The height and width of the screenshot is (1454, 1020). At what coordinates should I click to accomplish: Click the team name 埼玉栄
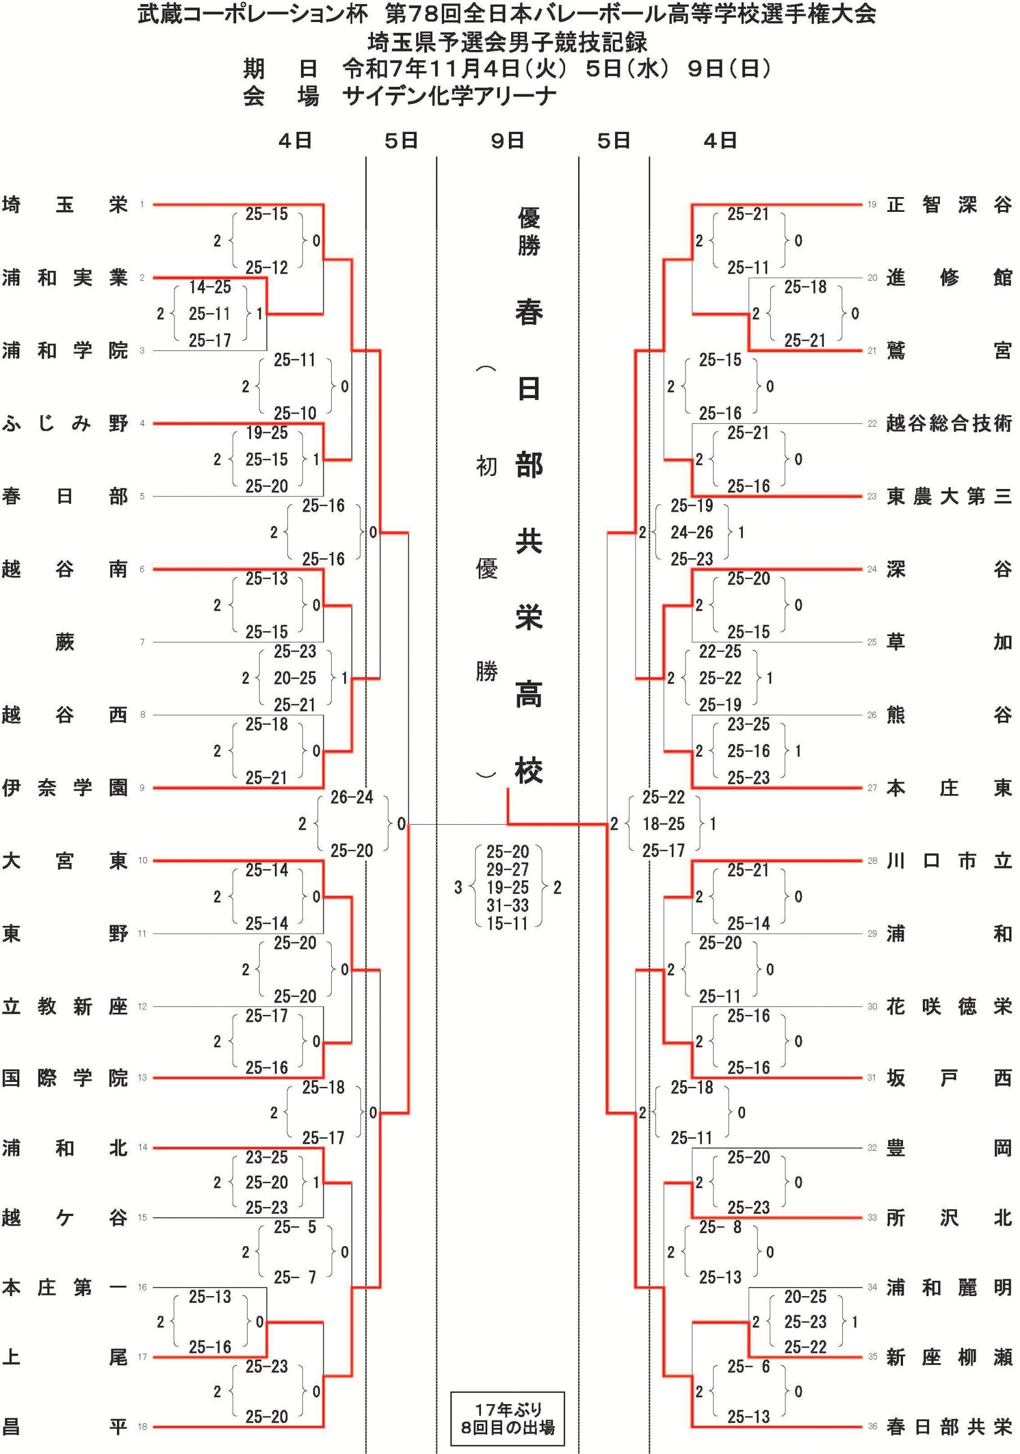coord(65,205)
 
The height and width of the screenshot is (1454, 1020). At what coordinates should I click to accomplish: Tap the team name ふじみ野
coord(65,424)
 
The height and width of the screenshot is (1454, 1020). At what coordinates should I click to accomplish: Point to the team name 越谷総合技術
coord(948,424)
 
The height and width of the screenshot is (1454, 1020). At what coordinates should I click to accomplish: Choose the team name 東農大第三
coord(948,496)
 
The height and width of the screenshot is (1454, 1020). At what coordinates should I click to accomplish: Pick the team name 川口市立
coord(948,861)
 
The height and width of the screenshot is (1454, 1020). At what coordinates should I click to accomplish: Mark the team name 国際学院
coord(65,1078)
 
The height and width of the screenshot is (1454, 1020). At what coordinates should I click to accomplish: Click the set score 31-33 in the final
coord(507,905)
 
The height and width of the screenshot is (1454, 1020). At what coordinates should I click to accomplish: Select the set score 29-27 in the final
coord(507,870)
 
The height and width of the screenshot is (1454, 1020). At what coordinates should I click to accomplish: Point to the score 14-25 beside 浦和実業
coord(210,287)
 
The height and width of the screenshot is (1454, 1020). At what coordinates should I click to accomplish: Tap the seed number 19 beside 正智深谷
coord(872,204)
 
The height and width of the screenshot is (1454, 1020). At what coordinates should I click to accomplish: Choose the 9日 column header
coord(507,141)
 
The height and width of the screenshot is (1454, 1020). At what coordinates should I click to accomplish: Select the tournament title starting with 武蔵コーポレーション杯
coord(507,14)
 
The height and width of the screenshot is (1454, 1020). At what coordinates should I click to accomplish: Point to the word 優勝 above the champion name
coord(529,231)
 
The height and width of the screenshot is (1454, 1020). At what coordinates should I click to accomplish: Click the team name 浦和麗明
coord(948,1288)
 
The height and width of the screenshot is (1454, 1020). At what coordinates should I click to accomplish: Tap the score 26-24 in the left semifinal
coord(352,797)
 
